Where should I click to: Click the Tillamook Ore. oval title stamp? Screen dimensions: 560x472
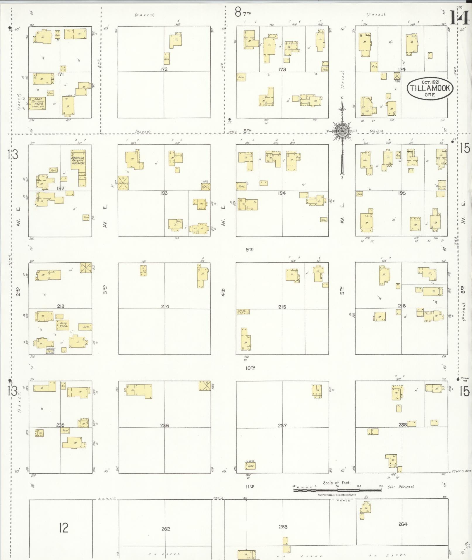tap(430, 88)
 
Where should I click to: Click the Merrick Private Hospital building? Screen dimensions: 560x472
tap(78, 168)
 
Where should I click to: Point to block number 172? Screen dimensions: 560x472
tap(164, 69)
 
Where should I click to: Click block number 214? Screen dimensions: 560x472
tap(165, 306)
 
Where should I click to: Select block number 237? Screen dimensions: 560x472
tap(282, 425)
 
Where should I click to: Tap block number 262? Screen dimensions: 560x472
tap(165, 529)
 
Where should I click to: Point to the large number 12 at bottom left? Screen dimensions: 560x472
tap(63, 528)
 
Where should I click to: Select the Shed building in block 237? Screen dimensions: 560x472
tap(250, 465)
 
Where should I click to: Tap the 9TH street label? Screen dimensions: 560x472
tap(249, 249)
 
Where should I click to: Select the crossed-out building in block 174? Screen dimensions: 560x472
tap(397, 76)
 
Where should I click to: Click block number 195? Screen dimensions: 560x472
tap(402, 193)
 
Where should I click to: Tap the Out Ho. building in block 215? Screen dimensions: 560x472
tap(243, 312)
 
